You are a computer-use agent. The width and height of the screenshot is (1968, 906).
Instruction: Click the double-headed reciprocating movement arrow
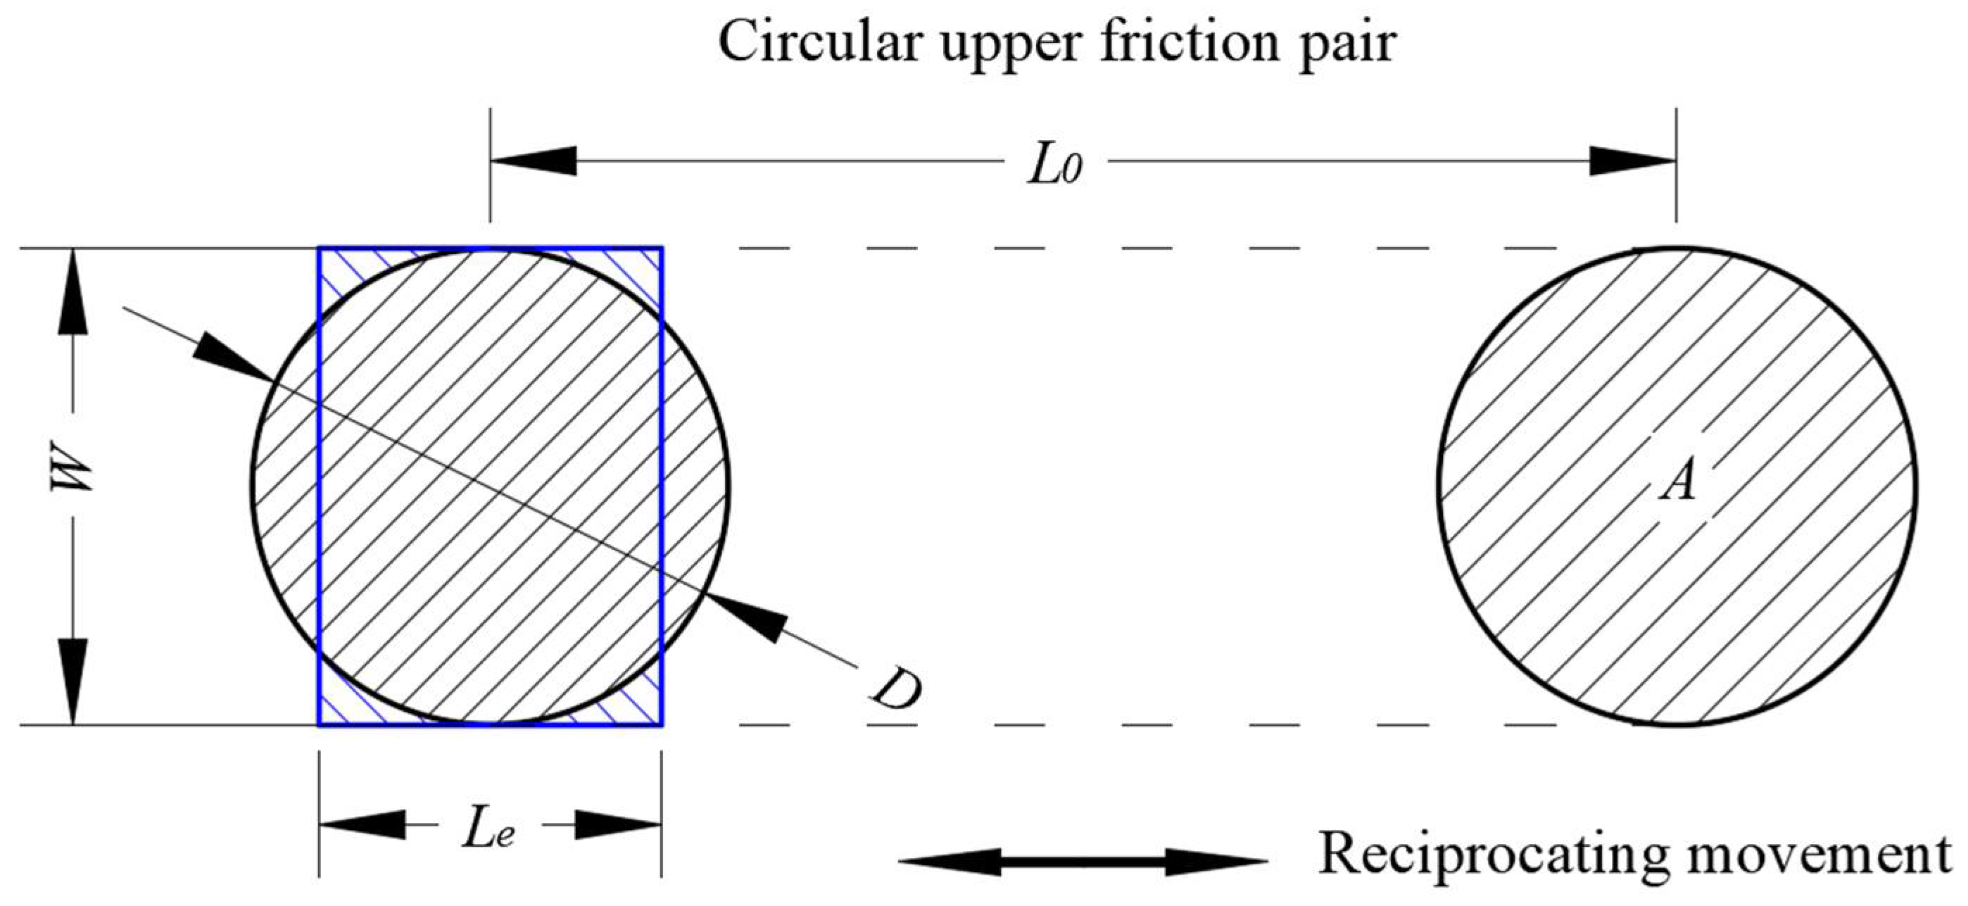click(1083, 862)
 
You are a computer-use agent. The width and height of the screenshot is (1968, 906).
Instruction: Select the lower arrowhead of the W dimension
click(72, 680)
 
